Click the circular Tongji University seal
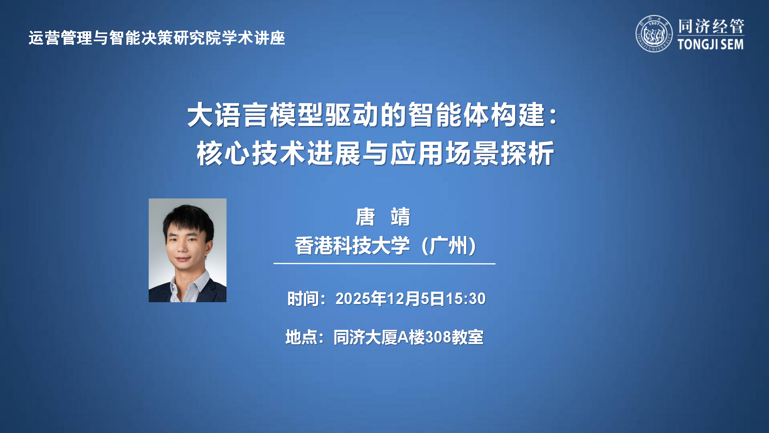pyautogui.click(x=654, y=34)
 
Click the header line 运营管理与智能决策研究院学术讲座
pyautogui.click(x=157, y=38)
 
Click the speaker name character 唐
pyautogui.click(x=365, y=217)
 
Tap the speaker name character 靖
pyautogui.click(x=400, y=217)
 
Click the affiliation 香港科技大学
pyautogui.click(x=352, y=246)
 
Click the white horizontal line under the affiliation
pyautogui.click(x=384, y=264)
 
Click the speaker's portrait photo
pyautogui.click(x=187, y=250)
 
